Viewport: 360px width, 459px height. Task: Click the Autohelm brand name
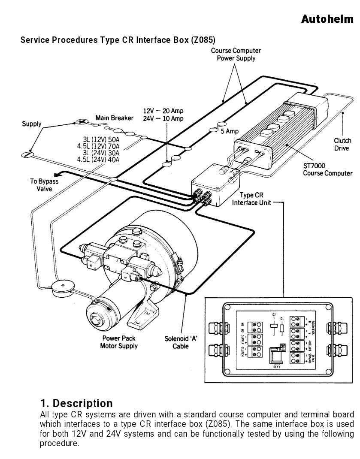tap(327, 19)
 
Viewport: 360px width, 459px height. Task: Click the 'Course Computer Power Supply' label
tap(236, 54)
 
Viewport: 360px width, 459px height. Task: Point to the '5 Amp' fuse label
tap(230, 131)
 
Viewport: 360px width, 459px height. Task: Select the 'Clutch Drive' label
tap(342, 144)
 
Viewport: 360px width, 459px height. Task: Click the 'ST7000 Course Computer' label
tap(327, 169)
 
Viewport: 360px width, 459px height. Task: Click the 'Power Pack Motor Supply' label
tap(119, 342)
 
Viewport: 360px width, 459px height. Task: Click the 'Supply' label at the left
tap(32, 124)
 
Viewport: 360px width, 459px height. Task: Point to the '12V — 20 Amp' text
tap(163, 111)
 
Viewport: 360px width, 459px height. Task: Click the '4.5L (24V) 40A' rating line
tap(98, 160)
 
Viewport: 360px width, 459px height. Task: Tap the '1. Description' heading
tap(76, 403)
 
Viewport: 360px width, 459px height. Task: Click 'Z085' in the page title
tap(202, 40)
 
